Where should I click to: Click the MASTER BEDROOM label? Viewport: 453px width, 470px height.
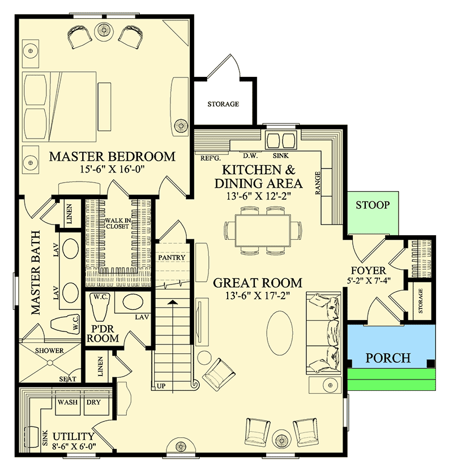112,156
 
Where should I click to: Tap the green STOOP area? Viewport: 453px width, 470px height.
371,205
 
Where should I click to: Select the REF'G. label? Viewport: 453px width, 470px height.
210,158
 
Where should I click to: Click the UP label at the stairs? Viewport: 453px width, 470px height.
161,386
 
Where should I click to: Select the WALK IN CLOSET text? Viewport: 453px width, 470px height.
118,223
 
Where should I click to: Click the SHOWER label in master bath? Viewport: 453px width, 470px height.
50,351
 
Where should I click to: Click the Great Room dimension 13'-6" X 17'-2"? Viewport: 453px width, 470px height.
257,295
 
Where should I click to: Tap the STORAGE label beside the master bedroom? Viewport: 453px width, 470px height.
223,104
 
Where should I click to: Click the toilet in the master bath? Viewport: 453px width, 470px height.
63,325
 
